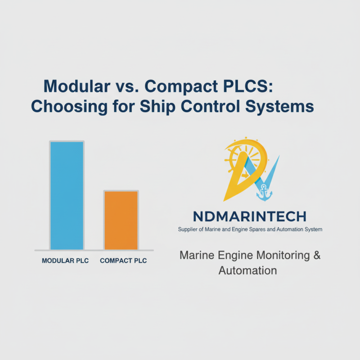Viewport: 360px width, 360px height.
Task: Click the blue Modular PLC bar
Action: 67,195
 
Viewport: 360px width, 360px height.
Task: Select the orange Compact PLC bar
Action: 121,220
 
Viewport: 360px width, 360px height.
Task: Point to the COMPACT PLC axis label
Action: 123,261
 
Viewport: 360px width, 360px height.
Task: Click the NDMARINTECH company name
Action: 249,216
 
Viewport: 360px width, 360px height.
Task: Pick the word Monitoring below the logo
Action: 279,256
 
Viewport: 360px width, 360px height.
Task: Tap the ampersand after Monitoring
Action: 317,256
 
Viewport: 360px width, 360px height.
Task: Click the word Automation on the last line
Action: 247,270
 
